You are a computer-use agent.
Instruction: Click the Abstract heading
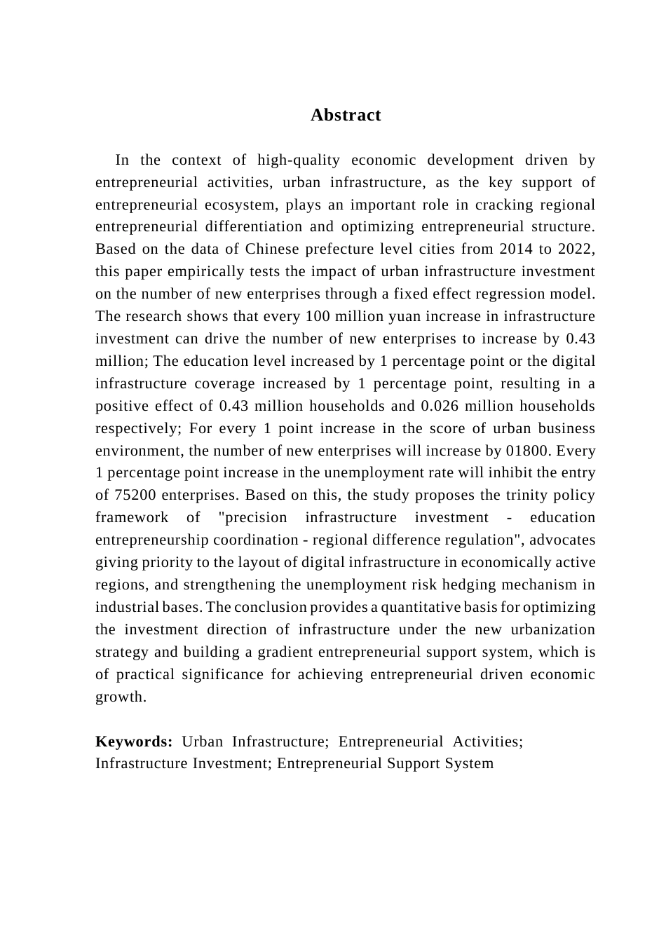[346, 115]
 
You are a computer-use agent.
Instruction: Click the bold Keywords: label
[134, 742]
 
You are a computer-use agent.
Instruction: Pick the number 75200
[135, 496]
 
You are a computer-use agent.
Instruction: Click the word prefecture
[339, 250]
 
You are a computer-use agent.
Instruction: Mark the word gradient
[285, 652]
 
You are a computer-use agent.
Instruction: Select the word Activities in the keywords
[486, 742]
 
